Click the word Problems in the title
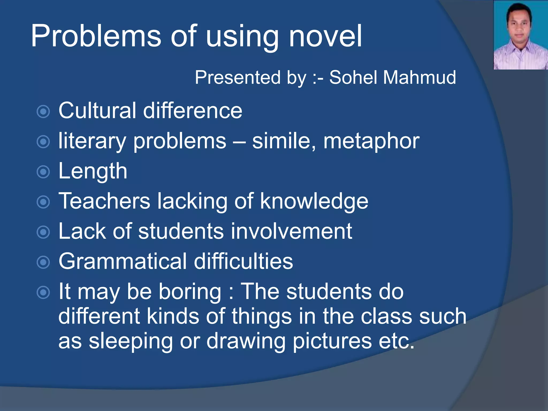pos(96,36)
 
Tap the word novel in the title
pos(325,36)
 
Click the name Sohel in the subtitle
pos(353,78)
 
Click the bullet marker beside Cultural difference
pos(43,112)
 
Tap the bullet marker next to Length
pos(43,172)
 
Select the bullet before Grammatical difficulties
pos(43,262)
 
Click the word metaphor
pos(371,141)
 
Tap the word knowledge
pos(314,201)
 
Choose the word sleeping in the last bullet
pos(131,341)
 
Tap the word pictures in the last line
pos(332,341)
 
